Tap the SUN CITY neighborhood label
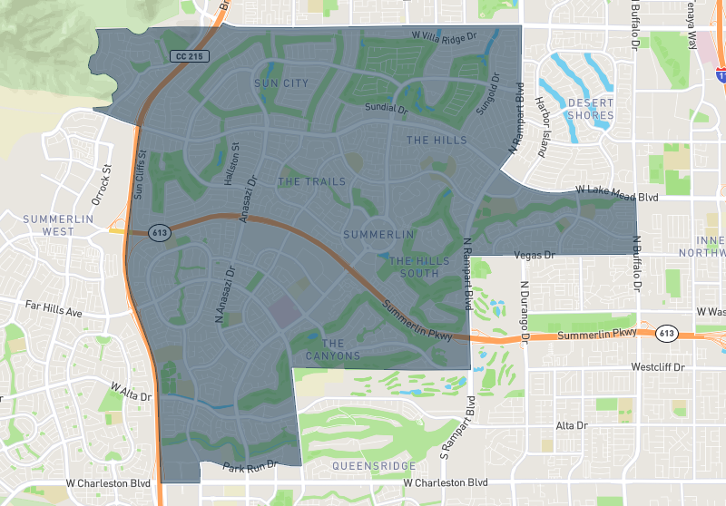pos(281,83)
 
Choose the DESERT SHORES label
pos(590,109)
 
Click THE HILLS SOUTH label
pos(419,267)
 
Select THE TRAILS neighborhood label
pos(311,182)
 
